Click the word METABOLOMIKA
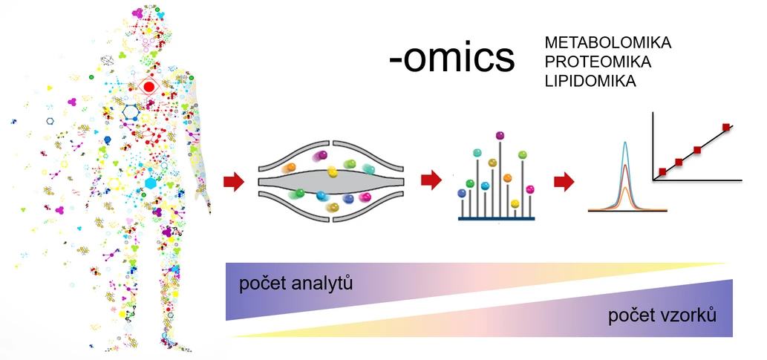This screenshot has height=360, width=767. pos(607,43)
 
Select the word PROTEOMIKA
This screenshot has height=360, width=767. pos(602,62)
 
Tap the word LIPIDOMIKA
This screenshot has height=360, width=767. pos(590,81)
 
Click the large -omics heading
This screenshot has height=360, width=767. pos(451,58)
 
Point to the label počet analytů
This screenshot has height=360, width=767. pos(296,284)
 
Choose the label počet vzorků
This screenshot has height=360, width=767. pos(662,316)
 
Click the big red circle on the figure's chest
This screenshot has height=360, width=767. pos(148,87)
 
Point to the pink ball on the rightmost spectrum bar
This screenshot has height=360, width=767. pos(530,190)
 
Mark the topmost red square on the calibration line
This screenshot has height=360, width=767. pos(726,128)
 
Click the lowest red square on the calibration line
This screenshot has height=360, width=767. pos(662,172)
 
